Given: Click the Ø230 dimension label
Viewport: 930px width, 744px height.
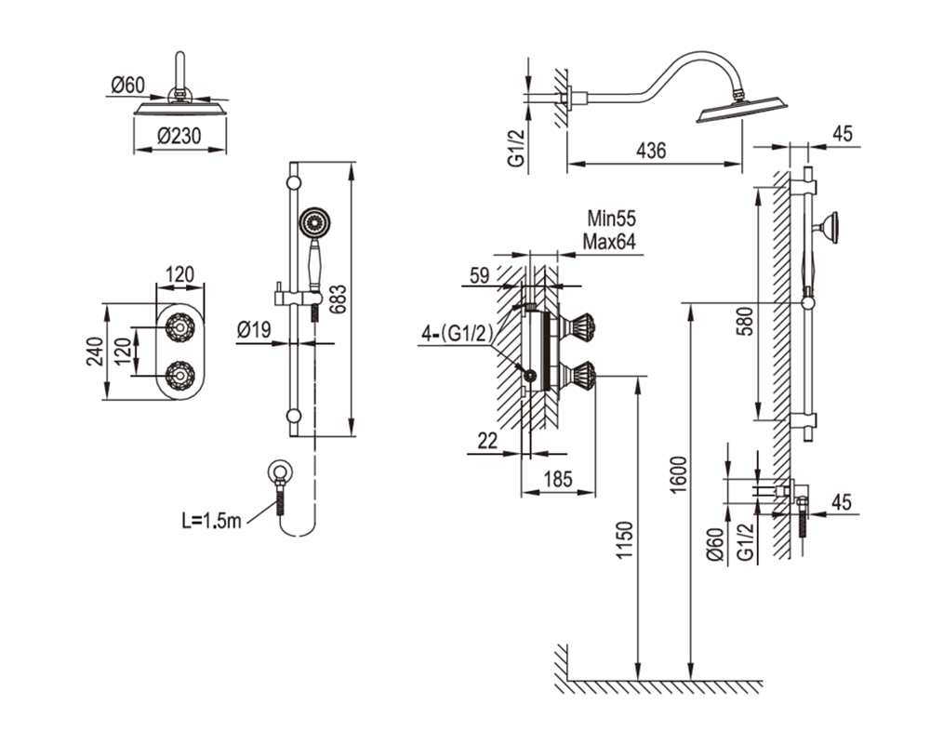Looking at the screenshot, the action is click(179, 137).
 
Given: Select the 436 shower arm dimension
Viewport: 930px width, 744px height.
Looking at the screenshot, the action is click(651, 151).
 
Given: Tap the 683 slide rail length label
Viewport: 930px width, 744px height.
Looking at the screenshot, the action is click(337, 299).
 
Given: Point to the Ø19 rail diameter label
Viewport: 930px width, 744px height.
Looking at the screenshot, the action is click(254, 329).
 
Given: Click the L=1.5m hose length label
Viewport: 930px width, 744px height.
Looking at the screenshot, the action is click(211, 521).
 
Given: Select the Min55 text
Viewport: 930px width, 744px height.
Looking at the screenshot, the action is click(612, 219).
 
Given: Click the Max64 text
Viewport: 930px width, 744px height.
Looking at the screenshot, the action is click(609, 242).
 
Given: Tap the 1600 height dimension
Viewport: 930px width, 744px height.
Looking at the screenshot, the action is click(680, 474).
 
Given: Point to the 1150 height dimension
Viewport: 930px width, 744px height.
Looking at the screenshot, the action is click(625, 540).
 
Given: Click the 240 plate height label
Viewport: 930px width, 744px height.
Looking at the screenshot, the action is click(95, 352).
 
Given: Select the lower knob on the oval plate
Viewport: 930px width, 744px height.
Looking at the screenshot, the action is click(179, 376).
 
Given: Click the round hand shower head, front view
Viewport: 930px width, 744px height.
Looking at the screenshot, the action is click(314, 224).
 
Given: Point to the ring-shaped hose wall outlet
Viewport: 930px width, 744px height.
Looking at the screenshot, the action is click(279, 472).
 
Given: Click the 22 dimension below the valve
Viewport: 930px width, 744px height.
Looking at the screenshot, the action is click(487, 441).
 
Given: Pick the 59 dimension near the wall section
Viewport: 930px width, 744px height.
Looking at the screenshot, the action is click(479, 275).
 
